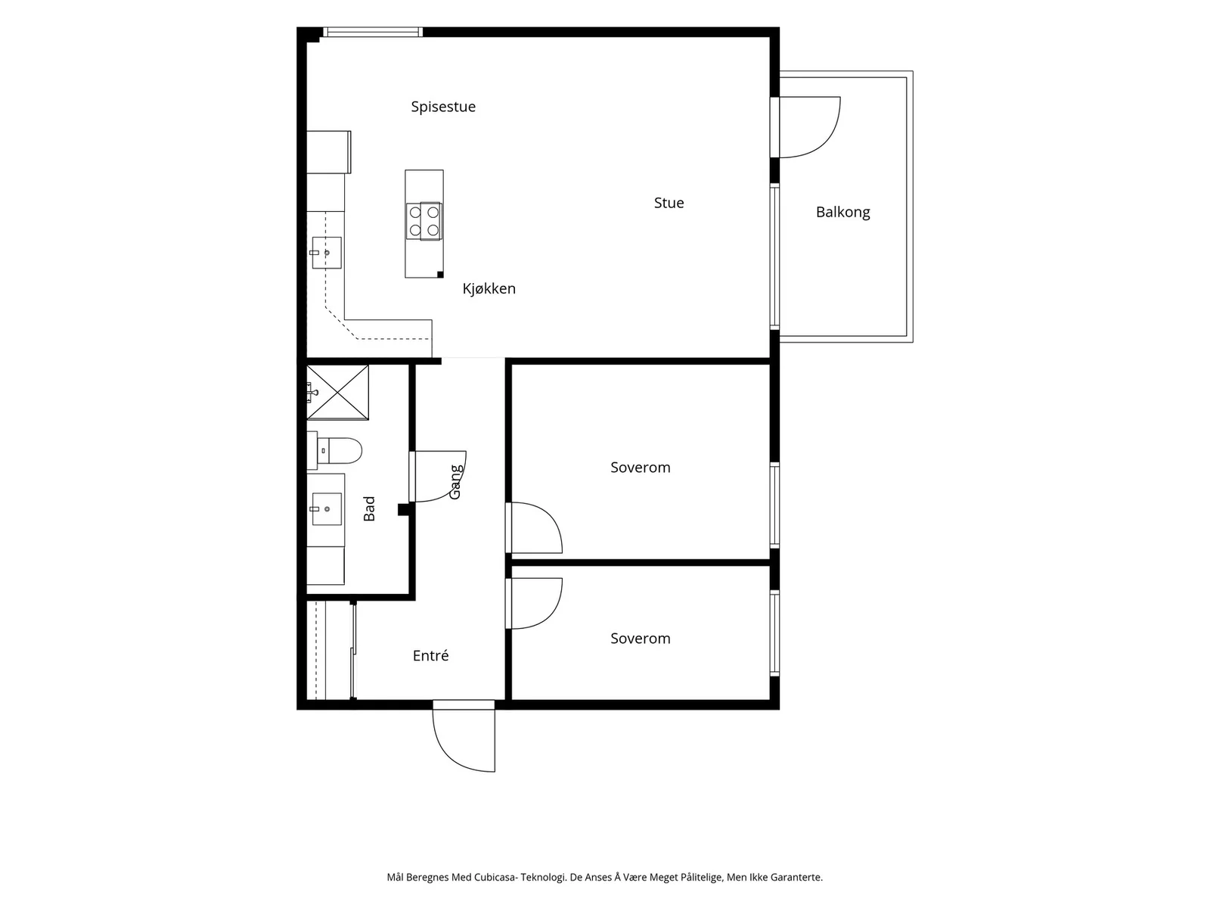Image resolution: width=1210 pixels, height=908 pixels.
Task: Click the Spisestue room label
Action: point(442,107)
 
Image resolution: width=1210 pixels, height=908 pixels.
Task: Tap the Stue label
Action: point(669,203)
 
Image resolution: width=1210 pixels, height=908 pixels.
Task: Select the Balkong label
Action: point(842,213)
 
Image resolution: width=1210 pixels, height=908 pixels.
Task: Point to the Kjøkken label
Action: point(489,289)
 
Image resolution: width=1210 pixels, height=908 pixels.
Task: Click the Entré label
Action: point(430,655)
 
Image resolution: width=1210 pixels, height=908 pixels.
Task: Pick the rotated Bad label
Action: point(369,508)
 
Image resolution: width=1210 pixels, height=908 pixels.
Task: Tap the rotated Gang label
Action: point(456,483)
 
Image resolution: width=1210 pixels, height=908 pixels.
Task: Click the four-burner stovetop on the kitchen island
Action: point(424,221)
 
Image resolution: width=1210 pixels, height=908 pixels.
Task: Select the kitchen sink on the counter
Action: point(327,253)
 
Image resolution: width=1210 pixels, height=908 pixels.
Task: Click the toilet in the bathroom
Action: point(334,450)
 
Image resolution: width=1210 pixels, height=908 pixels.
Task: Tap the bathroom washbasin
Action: point(327,508)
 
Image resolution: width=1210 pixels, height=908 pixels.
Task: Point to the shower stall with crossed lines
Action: point(337,392)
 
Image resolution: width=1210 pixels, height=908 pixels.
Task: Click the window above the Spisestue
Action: point(373,32)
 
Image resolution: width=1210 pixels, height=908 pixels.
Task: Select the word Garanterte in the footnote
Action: point(796,877)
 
